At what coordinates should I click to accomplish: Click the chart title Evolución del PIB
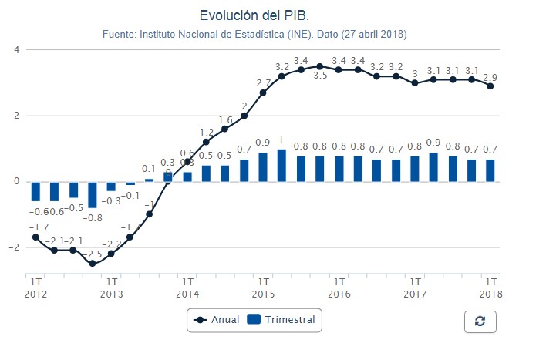pyautogui.click(x=254, y=15)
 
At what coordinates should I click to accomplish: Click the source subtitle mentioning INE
pyautogui.click(x=254, y=35)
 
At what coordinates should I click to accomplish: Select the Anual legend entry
pyautogui.click(x=217, y=319)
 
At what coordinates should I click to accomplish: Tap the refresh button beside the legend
pyautogui.click(x=480, y=321)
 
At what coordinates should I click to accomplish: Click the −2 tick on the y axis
pyautogui.click(x=15, y=247)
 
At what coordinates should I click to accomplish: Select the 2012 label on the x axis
pyautogui.click(x=35, y=294)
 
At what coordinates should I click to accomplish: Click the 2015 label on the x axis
pyautogui.click(x=263, y=294)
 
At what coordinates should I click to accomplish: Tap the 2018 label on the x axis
pyautogui.click(x=490, y=294)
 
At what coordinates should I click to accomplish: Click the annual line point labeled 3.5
pyautogui.click(x=319, y=66)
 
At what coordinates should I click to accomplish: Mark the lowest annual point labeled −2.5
pyautogui.click(x=93, y=264)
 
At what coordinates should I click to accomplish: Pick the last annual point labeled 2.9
pyautogui.click(x=490, y=86)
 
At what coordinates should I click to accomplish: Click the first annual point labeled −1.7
pyautogui.click(x=35, y=237)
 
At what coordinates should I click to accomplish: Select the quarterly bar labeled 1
pyautogui.click(x=281, y=165)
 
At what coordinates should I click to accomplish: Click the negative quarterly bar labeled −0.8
pyautogui.click(x=93, y=194)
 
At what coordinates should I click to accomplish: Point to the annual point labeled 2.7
pyautogui.click(x=263, y=93)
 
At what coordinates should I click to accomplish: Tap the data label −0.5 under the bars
pyautogui.click(x=73, y=208)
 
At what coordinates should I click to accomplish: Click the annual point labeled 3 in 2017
pyautogui.click(x=415, y=82)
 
